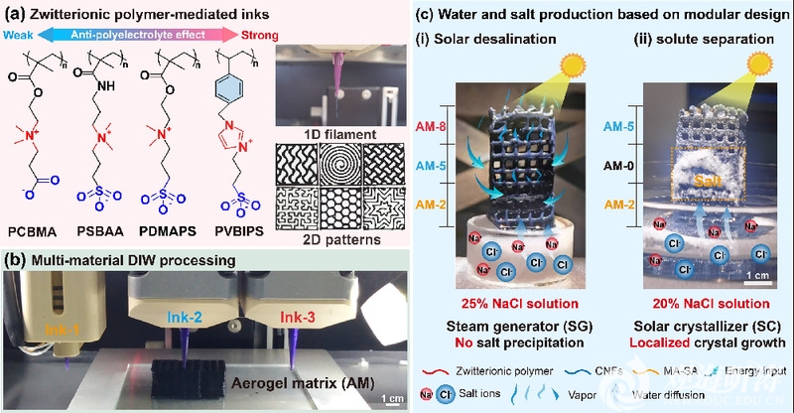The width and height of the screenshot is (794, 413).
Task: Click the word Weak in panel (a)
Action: point(21,33)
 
